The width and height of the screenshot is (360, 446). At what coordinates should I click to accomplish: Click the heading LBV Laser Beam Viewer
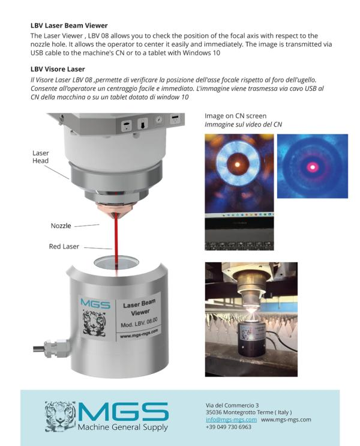click(x=69, y=26)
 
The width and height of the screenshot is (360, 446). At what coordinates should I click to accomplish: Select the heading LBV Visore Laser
click(x=58, y=69)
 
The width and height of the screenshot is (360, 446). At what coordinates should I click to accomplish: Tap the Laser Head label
click(x=40, y=157)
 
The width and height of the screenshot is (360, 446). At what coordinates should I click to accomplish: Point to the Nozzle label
click(x=61, y=226)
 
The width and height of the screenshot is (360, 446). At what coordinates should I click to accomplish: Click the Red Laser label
click(x=64, y=246)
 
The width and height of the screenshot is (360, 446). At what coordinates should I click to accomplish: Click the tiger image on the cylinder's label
click(x=94, y=322)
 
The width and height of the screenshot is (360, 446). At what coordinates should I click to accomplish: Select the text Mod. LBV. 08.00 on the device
click(x=139, y=322)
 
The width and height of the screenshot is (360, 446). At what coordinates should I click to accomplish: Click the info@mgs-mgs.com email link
click(x=231, y=420)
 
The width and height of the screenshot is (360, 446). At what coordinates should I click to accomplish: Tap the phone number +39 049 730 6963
click(x=229, y=427)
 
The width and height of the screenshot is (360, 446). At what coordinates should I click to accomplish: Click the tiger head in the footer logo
click(x=60, y=416)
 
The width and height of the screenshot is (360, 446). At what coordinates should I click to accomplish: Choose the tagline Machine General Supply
click(x=123, y=427)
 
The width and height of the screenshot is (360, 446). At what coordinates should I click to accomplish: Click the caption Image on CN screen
click(x=235, y=116)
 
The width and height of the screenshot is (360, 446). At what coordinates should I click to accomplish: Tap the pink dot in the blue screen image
click(x=313, y=167)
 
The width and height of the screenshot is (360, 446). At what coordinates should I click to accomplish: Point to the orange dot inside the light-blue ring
click(x=238, y=164)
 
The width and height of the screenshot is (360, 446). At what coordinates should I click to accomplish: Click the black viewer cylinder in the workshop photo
click(x=252, y=339)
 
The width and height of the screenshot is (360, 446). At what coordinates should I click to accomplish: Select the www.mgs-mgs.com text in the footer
click(x=286, y=420)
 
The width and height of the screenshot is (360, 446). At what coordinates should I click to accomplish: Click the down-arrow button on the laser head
click(x=142, y=124)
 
